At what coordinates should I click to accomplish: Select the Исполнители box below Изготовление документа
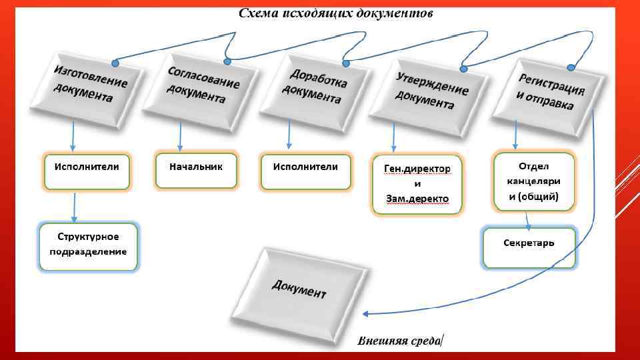point(87,171)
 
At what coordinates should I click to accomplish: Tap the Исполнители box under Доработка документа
point(305,171)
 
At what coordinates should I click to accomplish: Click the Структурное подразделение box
point(88,246)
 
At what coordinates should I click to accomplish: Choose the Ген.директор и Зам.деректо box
point(417,185)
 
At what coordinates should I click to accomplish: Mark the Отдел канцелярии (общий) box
point(533,181)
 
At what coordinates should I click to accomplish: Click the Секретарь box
point(529,247)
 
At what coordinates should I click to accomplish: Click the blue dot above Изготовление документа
point(115,63)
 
